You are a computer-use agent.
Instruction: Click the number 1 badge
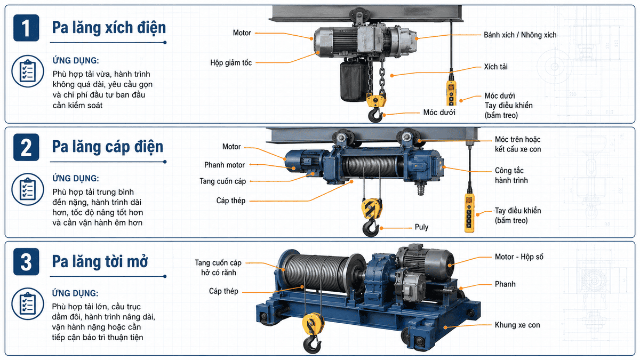(26, 28)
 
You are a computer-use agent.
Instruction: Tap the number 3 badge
(26, 261)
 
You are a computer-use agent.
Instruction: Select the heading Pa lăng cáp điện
(107, 147)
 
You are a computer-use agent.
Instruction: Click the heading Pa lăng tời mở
(100, 262)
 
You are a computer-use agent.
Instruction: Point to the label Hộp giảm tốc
(231, 63)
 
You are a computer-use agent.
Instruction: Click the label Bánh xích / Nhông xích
(520, 35)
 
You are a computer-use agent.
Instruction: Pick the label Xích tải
(495, 67)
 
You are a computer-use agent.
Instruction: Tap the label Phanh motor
(225, 165)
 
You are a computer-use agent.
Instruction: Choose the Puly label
(421, 227)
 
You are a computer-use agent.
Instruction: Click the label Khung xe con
(517, 325)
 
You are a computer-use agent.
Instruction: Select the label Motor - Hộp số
(519, 257)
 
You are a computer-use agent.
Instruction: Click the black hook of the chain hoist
(375, 115)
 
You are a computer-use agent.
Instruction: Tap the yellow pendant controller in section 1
(451, 92)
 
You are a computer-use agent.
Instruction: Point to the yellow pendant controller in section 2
(469, 212)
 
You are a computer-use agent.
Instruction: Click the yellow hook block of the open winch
(313, 325)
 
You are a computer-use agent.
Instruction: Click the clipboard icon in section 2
(28, 189)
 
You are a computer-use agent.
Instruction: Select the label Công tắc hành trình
(511, 175)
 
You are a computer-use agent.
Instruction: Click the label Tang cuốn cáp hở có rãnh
(218, 267)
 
